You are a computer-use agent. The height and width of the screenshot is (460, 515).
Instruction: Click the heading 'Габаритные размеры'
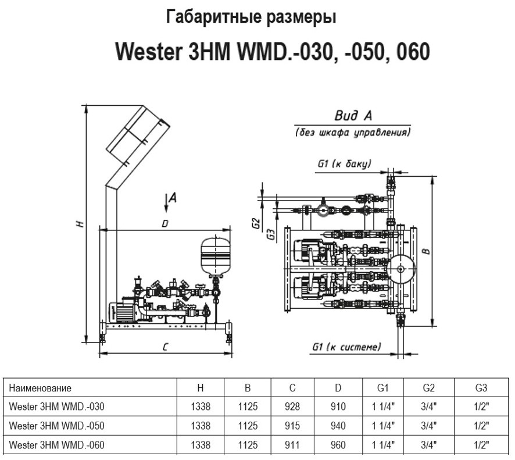click(x=251, y=17)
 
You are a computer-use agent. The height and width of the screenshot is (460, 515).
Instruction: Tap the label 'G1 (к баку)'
click(x=344, y=164)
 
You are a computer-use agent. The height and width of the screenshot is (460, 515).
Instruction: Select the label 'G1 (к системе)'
click(x=346, y=347)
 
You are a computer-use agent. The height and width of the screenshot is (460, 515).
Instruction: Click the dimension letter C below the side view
click(x=166, y=347)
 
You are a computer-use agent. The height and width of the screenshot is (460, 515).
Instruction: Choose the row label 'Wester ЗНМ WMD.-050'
click(x=57, y=426)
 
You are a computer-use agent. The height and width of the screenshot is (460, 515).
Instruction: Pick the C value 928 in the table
click(x=293, y=407)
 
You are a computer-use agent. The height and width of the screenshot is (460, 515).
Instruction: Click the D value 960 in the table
click(x=338, y=445)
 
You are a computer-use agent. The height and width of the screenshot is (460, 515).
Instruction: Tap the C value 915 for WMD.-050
click(x=293, y=426)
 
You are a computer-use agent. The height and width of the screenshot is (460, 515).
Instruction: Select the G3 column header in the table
click(x=480, y=388)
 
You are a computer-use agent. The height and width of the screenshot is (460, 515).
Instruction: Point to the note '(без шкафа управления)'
click(x=352, y=133)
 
